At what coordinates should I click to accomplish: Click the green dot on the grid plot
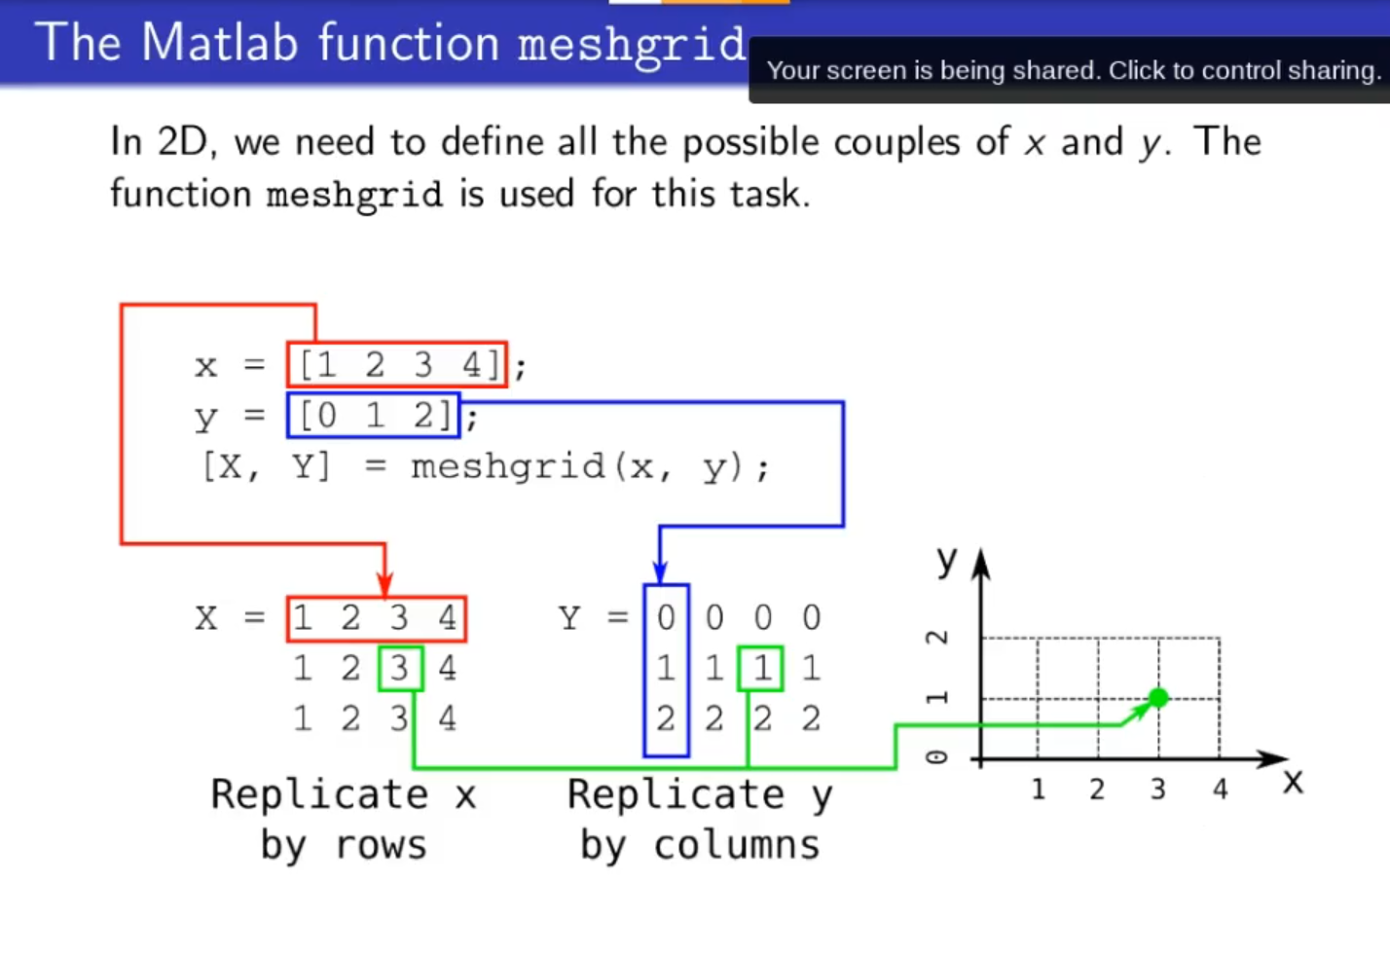tap(1158, 698)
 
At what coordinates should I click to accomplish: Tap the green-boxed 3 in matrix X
tap(401, 669)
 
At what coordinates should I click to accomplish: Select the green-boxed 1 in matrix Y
tap(760, 669)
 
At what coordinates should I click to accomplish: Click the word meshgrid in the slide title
tap(631, 45)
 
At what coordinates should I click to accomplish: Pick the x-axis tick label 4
tap(1220, 789)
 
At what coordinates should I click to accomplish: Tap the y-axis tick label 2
tap(937, 638)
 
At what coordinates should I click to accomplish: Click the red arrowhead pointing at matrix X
tap(384, 584)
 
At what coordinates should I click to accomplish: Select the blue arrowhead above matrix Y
tap(660, 571)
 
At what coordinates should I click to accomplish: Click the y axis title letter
tap(947, 561)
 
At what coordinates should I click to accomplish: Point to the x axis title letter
tap(1294, 782)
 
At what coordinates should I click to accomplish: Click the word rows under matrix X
tap(381, 845)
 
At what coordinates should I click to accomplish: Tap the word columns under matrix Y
tap(737, 844)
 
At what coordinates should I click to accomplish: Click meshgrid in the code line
tap(507, 468)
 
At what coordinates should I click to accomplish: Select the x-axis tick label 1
tap(1039, 789)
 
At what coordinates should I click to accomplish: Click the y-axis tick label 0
tap(937, 757)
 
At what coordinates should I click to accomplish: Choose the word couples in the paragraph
tap(896, 144)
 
